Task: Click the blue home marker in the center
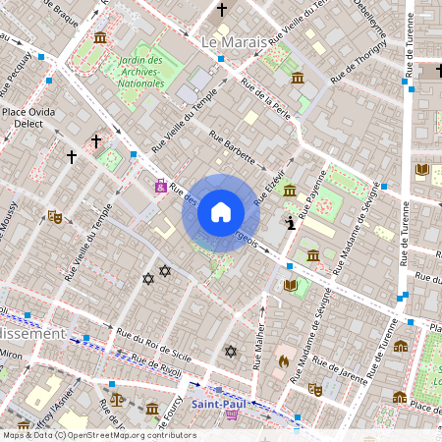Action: [x=221, y=212]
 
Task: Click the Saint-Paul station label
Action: [x=219, y=403]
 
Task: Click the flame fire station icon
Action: [x=284, y=360]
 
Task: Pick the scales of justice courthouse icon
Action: [x=118, y=400]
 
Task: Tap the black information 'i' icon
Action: [x=290, y=224]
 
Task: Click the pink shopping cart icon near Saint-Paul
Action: [x=232, y=415]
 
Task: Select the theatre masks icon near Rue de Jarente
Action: [x=315, y=389]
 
